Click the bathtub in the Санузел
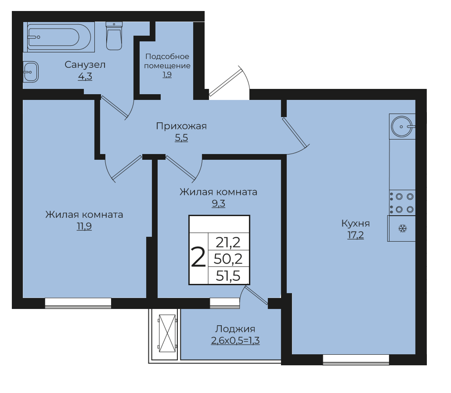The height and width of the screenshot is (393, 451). pos(59,37)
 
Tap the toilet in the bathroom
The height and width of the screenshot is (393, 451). pos(114,36)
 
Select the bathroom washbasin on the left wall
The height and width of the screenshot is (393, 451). pos(31,72)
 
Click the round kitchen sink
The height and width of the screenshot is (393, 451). pos(402,126)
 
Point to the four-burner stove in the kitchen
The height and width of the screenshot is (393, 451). pos(402,203)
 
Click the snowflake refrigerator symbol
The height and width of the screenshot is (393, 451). pos(402,229)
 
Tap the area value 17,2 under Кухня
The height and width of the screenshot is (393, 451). pos(356,235)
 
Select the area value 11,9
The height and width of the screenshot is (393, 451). pos(84,226)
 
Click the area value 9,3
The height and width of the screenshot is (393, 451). pos(218,204)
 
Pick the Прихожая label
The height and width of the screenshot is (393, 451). pos(181,126)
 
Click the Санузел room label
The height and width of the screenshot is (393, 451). pos(85,65)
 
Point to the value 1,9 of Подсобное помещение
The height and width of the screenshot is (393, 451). pos(167,75)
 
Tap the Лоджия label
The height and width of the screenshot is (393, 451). pos(235,329)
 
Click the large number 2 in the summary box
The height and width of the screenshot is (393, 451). pos(198,257)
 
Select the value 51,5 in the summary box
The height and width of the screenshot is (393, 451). pos(228,276)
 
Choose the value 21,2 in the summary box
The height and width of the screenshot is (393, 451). pos(228,242)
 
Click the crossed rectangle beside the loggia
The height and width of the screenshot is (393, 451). pos(167,333)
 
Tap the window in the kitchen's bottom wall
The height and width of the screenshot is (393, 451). pos(356,360)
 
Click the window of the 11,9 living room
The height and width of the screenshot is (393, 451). pos(78,303)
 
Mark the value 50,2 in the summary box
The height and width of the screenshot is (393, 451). pos(228,259)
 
